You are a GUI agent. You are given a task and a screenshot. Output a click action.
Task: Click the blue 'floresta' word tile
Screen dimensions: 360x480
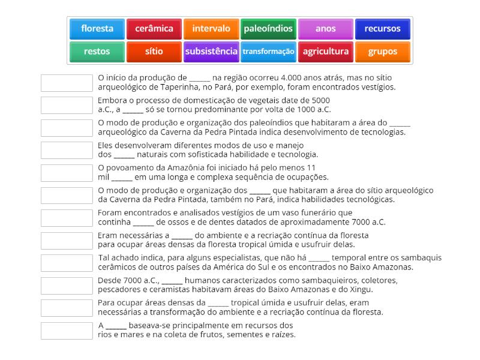tap(97, 29)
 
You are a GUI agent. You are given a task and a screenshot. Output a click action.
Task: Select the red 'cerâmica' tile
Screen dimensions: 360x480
tap(154, 29)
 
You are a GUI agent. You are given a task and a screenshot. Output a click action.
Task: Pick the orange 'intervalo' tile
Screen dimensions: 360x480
tap(211, 29)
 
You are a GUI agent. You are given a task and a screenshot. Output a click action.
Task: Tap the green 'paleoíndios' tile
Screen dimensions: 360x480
tap(268, 29)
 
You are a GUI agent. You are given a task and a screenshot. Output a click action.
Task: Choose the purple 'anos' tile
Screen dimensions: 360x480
tap(326, 29)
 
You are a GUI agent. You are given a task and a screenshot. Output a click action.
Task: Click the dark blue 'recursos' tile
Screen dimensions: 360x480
tap(383, 29)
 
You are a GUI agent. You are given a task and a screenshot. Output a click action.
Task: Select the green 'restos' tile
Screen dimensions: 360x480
tap(97, 52)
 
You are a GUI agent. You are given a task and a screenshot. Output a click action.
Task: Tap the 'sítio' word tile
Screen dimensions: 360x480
tap(154, 52)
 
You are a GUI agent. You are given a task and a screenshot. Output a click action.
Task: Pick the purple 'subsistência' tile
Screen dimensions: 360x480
tap(211, 52)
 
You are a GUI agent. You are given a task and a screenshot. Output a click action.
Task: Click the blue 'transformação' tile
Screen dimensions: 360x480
tap(268, 52)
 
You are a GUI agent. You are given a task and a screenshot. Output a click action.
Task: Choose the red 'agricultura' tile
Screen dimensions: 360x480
tap(326, 52)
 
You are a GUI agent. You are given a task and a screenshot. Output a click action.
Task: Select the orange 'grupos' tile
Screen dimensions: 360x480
tap(383, 52)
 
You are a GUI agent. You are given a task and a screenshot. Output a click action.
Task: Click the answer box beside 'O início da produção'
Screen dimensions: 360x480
tap(66, 83)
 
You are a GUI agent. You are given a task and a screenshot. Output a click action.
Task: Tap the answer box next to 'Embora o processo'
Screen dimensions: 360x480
tap(66, 105)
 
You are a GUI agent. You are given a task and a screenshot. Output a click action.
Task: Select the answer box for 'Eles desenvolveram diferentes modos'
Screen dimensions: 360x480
tap(66, 150)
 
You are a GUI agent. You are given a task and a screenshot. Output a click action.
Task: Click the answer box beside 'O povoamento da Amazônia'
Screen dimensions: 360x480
tap(66, 173)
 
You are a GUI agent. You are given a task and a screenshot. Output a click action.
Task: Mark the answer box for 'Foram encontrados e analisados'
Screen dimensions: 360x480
tap(66, 218)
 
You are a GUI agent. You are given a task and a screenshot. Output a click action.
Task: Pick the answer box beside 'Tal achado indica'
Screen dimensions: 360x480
tap(66, 263)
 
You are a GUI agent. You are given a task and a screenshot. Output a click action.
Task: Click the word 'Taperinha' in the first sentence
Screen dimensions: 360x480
tap(161, 87)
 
